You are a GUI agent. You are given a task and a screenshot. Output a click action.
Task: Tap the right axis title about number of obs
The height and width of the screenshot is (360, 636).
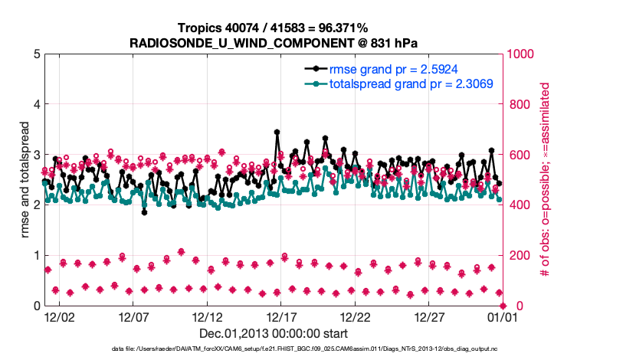[546, 179]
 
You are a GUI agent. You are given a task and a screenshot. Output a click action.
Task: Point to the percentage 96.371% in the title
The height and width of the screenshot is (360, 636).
[340, 28]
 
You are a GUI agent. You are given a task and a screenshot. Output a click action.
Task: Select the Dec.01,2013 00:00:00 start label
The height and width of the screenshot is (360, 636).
[274, 333]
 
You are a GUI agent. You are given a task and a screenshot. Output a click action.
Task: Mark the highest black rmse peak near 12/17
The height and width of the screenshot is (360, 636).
[277, 132]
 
